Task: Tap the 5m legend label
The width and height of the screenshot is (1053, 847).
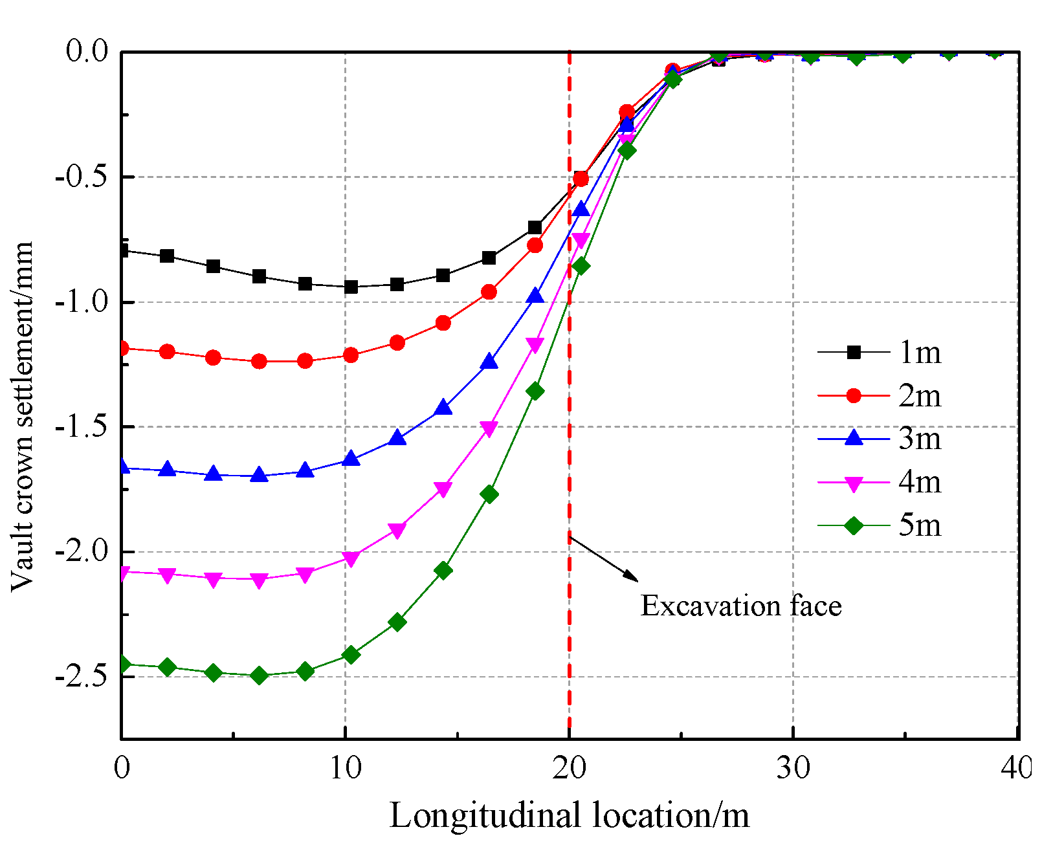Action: coord(919,525)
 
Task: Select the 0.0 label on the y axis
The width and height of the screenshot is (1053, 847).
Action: coord(87,52)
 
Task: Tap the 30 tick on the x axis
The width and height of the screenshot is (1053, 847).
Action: coord(793,768)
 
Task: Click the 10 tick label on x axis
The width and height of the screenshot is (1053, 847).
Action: coord(345,768)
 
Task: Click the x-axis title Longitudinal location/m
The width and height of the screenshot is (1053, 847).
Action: coord(569,815)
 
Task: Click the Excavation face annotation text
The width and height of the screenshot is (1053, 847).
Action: coord(741,606)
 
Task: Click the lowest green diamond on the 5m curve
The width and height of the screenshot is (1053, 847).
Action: coord(259,676)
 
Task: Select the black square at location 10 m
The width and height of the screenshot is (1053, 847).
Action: coord(351,287)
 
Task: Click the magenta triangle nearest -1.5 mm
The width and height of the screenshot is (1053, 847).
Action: coord(489,428)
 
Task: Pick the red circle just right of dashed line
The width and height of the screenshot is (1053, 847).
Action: coord(581,178)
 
